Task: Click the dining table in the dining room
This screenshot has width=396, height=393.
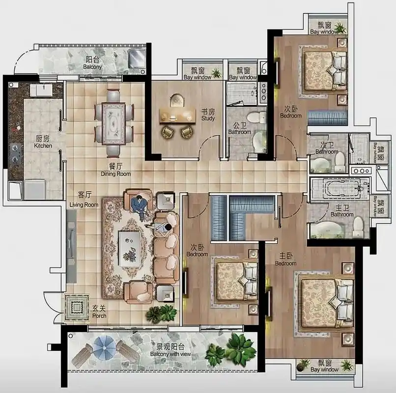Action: [x=113, y=124]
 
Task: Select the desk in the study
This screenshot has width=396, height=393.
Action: [x=177, y=116]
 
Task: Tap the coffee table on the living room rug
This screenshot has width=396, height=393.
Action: [x=130, y=249]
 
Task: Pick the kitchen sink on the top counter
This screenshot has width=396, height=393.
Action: [x=41, y=90]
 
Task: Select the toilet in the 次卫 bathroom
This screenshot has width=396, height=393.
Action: [x=340, y=162]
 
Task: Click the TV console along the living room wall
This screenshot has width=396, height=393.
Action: [x=71, y=246]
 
